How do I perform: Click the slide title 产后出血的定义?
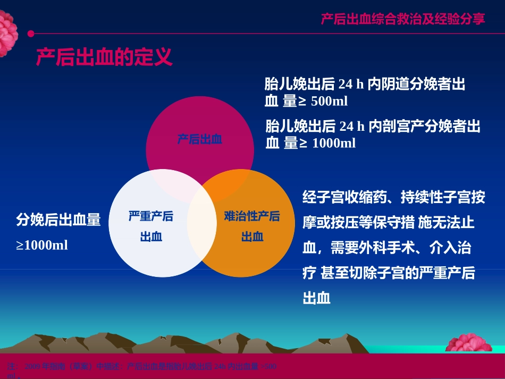[x=104, y=57]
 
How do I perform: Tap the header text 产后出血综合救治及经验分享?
[x=402, y=19]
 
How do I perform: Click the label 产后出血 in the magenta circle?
[x=199, y=140]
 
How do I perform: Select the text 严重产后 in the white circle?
[x=151, y=216]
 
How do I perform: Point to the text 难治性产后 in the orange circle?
[x=252, y=216]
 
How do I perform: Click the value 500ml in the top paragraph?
[x=329, y=101]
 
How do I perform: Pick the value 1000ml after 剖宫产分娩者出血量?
[x=334, y=143]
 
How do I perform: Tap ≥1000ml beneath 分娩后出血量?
[x=42, y=246]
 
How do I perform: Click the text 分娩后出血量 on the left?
[x=58, y=220]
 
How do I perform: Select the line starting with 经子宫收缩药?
[x=393, y=198]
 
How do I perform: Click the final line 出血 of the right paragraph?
[x=317, y=298]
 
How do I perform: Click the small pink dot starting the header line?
[x=30, y=33]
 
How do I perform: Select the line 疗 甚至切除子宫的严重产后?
[x=388, y=273]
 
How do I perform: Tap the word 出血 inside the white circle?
[x=151, y=237]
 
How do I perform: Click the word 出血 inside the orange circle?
[x=252, y=237]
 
